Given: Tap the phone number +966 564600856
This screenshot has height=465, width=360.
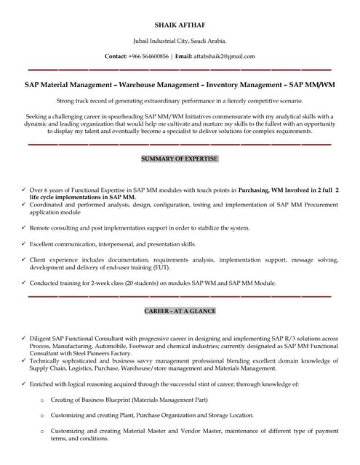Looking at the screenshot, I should point(148,56).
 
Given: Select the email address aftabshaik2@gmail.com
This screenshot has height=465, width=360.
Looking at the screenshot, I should point(225,56).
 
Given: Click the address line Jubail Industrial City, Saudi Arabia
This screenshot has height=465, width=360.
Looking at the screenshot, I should point(180,41).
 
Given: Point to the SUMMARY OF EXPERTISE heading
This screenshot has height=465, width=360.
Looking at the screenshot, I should point(180,158).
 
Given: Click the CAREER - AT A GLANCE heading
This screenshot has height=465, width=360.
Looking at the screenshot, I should point(180,311).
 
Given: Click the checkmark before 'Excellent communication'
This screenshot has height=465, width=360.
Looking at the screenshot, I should point(24,245).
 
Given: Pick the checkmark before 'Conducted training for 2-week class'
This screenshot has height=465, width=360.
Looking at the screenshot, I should point(24,283).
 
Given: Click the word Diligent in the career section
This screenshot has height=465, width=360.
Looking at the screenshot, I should point(43,339).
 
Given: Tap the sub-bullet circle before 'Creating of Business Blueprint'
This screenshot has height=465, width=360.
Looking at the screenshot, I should point(42,400).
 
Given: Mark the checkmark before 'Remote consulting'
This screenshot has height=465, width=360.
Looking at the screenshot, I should point(24,228).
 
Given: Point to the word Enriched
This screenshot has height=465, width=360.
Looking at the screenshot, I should point(44,383).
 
